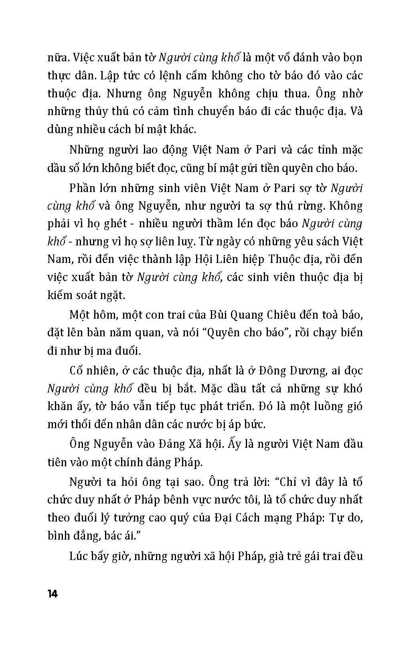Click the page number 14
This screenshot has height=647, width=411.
coord(53,594)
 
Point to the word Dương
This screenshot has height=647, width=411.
coord(307,371)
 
